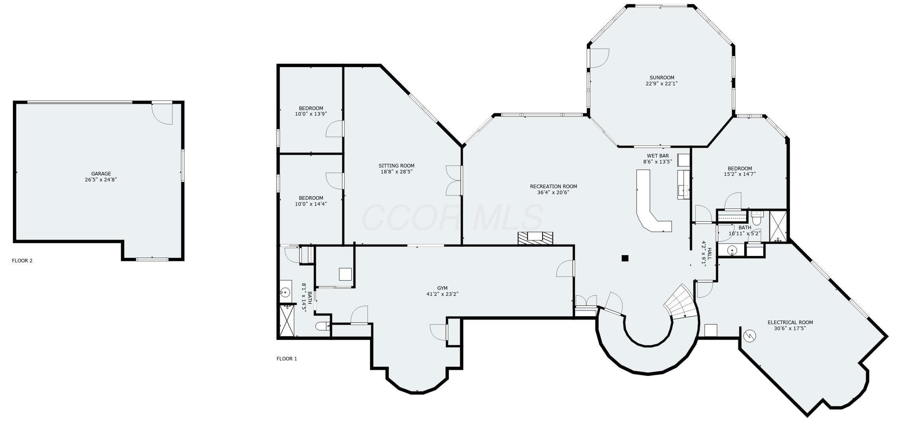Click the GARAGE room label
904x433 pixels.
tap(101, 174)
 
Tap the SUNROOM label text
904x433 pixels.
tap(662, 78)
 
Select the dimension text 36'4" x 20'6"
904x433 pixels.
tap(553, 193)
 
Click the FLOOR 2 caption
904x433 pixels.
tap(22, 261)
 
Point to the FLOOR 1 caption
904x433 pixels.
tap(287, 359)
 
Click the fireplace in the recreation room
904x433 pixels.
tap(535, 238)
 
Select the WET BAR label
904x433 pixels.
tap(658, 156)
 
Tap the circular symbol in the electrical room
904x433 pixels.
tap(750, 336)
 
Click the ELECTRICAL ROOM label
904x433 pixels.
tap(790, 323)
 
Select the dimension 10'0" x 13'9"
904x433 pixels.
tap(311, 114)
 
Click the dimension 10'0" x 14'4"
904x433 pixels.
tap(311, 204)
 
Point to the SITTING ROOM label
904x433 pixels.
tap(396, 166)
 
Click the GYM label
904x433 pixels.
tap(442, 288)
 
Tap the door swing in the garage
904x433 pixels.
tap(162, 114)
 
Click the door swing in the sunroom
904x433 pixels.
tap(599, 58)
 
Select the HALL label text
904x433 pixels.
tap(709, 254)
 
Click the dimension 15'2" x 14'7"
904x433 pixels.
tap(740, 174)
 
